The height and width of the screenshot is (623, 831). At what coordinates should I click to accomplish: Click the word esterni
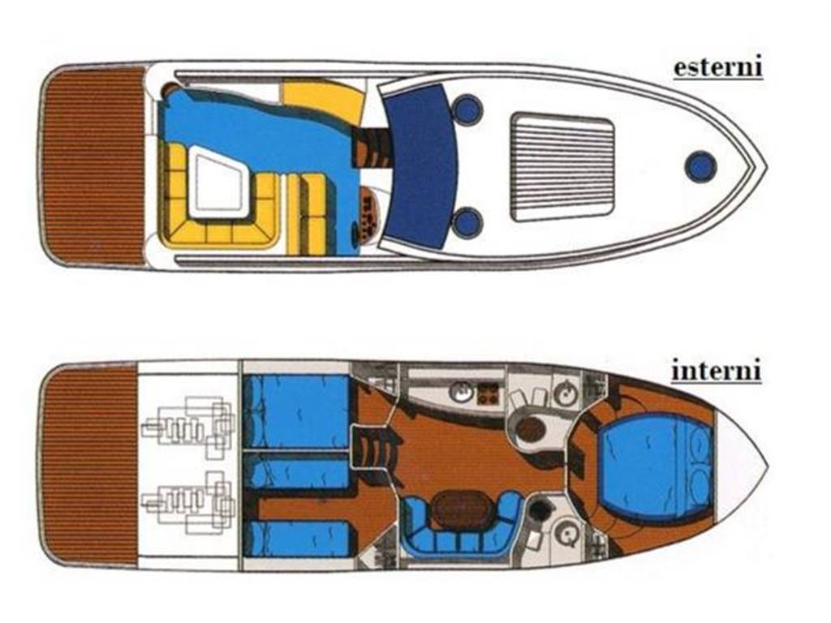coord(717,67)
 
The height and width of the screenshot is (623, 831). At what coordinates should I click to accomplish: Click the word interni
coord(717,370)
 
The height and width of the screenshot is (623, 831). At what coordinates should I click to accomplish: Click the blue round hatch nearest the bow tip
coord(700,166)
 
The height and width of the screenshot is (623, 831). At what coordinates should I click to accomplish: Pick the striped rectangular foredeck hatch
coord(562,166)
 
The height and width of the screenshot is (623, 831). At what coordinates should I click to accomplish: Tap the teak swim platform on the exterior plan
coord(93,165)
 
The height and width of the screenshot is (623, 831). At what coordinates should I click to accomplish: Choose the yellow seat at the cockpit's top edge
coord(321,101)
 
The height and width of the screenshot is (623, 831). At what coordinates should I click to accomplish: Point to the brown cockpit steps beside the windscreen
coord(372,148)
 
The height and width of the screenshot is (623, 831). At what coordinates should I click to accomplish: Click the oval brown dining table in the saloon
coord(461,510)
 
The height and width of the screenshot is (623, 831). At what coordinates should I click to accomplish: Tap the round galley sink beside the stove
coord(461,393)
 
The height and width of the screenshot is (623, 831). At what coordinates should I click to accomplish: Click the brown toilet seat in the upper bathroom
coord(532,428)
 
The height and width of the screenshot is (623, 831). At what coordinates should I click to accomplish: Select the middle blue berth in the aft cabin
coord(299,470)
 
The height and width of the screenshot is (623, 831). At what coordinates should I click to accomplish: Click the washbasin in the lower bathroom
coord(566,534)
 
